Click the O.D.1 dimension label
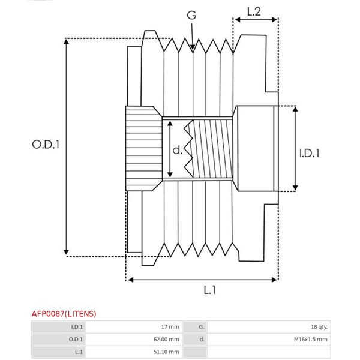tap(46, 145)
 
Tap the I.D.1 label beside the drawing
tap(309, 153)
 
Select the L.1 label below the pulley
tap(209, 290)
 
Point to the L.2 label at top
tap(254, 11)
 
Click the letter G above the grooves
tap(191, 16)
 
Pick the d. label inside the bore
tap(177, 150)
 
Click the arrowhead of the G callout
tap(193, 47)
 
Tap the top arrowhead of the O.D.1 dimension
tap(66, 41)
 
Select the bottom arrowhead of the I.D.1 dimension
tap(295, 188)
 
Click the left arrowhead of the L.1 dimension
tap(130, 280)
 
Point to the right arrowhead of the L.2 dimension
tap(275, 20)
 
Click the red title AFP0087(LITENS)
tap(64, 314)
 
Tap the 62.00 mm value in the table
tap(166, 339)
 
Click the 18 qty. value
tap(319, 327)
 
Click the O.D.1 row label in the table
tap(76, 339)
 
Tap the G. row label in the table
tap(202, 327)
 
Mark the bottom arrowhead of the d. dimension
tap(170, 174)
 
